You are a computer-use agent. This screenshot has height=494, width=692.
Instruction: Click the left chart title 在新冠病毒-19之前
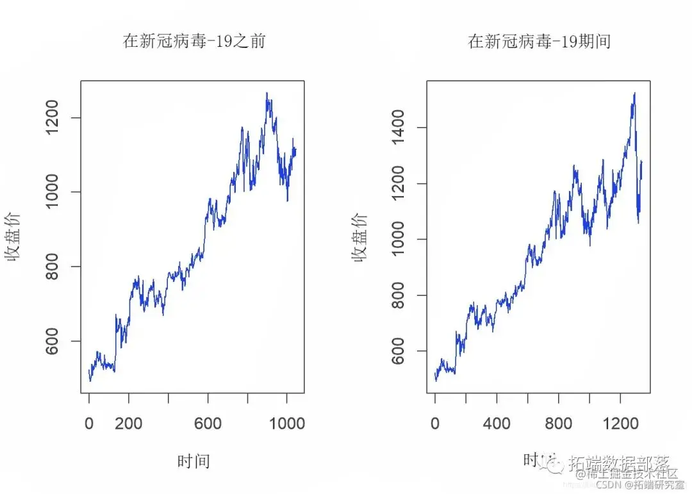tap(194, 42)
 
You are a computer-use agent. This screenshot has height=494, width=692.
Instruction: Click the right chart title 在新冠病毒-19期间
tap(539, 42)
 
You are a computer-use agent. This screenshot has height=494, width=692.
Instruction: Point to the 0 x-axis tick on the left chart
tap(89, 424)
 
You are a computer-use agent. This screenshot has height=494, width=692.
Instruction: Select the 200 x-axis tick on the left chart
tap(129, 424)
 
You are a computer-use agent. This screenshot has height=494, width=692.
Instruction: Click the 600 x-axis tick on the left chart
tap(208, 424)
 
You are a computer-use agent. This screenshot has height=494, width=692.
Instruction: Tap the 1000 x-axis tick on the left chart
tap(286, 424)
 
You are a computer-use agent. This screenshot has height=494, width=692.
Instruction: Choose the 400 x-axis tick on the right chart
tap(497, 424)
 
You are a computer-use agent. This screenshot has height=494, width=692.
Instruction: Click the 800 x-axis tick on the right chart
tap(559, 424)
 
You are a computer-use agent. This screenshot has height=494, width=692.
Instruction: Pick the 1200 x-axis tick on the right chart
tap(620, 424)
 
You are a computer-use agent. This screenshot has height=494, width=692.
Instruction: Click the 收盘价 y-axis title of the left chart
tap(14, 237)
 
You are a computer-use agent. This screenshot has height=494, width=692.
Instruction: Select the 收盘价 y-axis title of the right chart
tap(360, 237)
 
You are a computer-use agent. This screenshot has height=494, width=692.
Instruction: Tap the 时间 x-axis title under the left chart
tap(194, 461)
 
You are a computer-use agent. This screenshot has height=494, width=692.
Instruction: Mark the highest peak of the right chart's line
tap(634, 94)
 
